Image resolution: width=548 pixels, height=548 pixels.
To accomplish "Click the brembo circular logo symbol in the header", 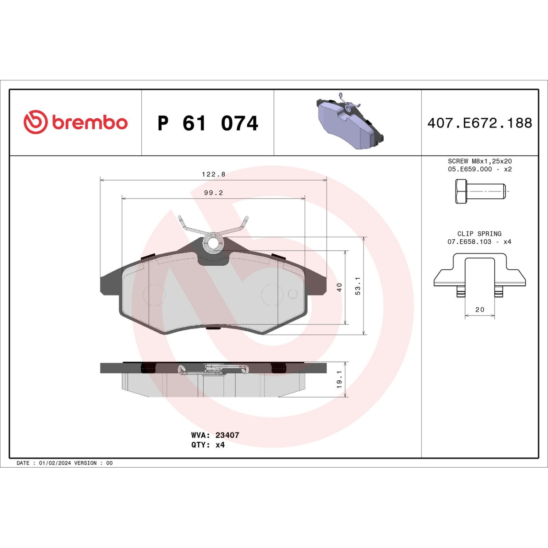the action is click(x=35, y=122).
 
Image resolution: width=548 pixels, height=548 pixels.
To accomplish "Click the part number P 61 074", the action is click(x=208, y=123).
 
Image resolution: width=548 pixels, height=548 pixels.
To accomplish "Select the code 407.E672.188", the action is click(x=480, y=123).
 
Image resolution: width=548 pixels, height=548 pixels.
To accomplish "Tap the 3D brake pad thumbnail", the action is click(x=350, y=121).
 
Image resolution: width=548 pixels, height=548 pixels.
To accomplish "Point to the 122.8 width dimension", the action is click(x=214, y=174).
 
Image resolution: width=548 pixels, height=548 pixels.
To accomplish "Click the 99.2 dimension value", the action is click(x=214, y=193).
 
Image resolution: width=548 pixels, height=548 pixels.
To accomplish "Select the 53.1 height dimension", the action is click(x=358, y=286).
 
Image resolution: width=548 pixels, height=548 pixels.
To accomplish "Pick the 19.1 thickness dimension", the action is click(x=339, y=379).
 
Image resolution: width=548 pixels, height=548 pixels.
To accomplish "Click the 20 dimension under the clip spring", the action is click(x=480, y=310).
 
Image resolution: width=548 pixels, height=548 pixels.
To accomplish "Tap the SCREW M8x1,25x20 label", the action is click(x=480, y=161).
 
